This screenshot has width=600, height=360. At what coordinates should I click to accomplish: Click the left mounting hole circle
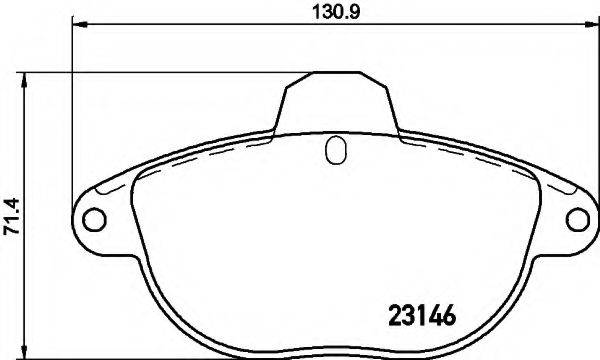coord(92,217)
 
